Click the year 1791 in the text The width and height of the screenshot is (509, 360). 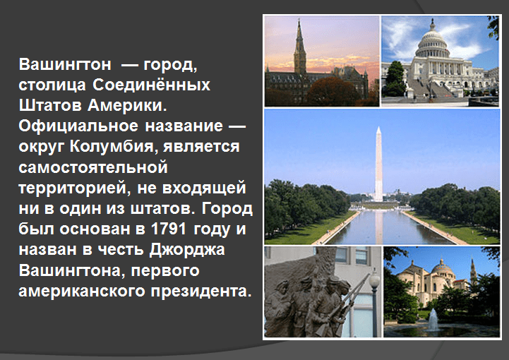[169, 229]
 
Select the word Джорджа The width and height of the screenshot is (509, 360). [187, 251]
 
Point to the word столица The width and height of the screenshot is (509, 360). [52, 85]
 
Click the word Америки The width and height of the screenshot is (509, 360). [127, 105]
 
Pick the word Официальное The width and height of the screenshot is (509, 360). [78, 126]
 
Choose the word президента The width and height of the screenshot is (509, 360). [201, 292]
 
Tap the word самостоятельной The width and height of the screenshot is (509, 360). [93, 167]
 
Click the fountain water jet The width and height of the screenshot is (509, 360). [433, 320]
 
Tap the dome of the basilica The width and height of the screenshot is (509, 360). [441, 267]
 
